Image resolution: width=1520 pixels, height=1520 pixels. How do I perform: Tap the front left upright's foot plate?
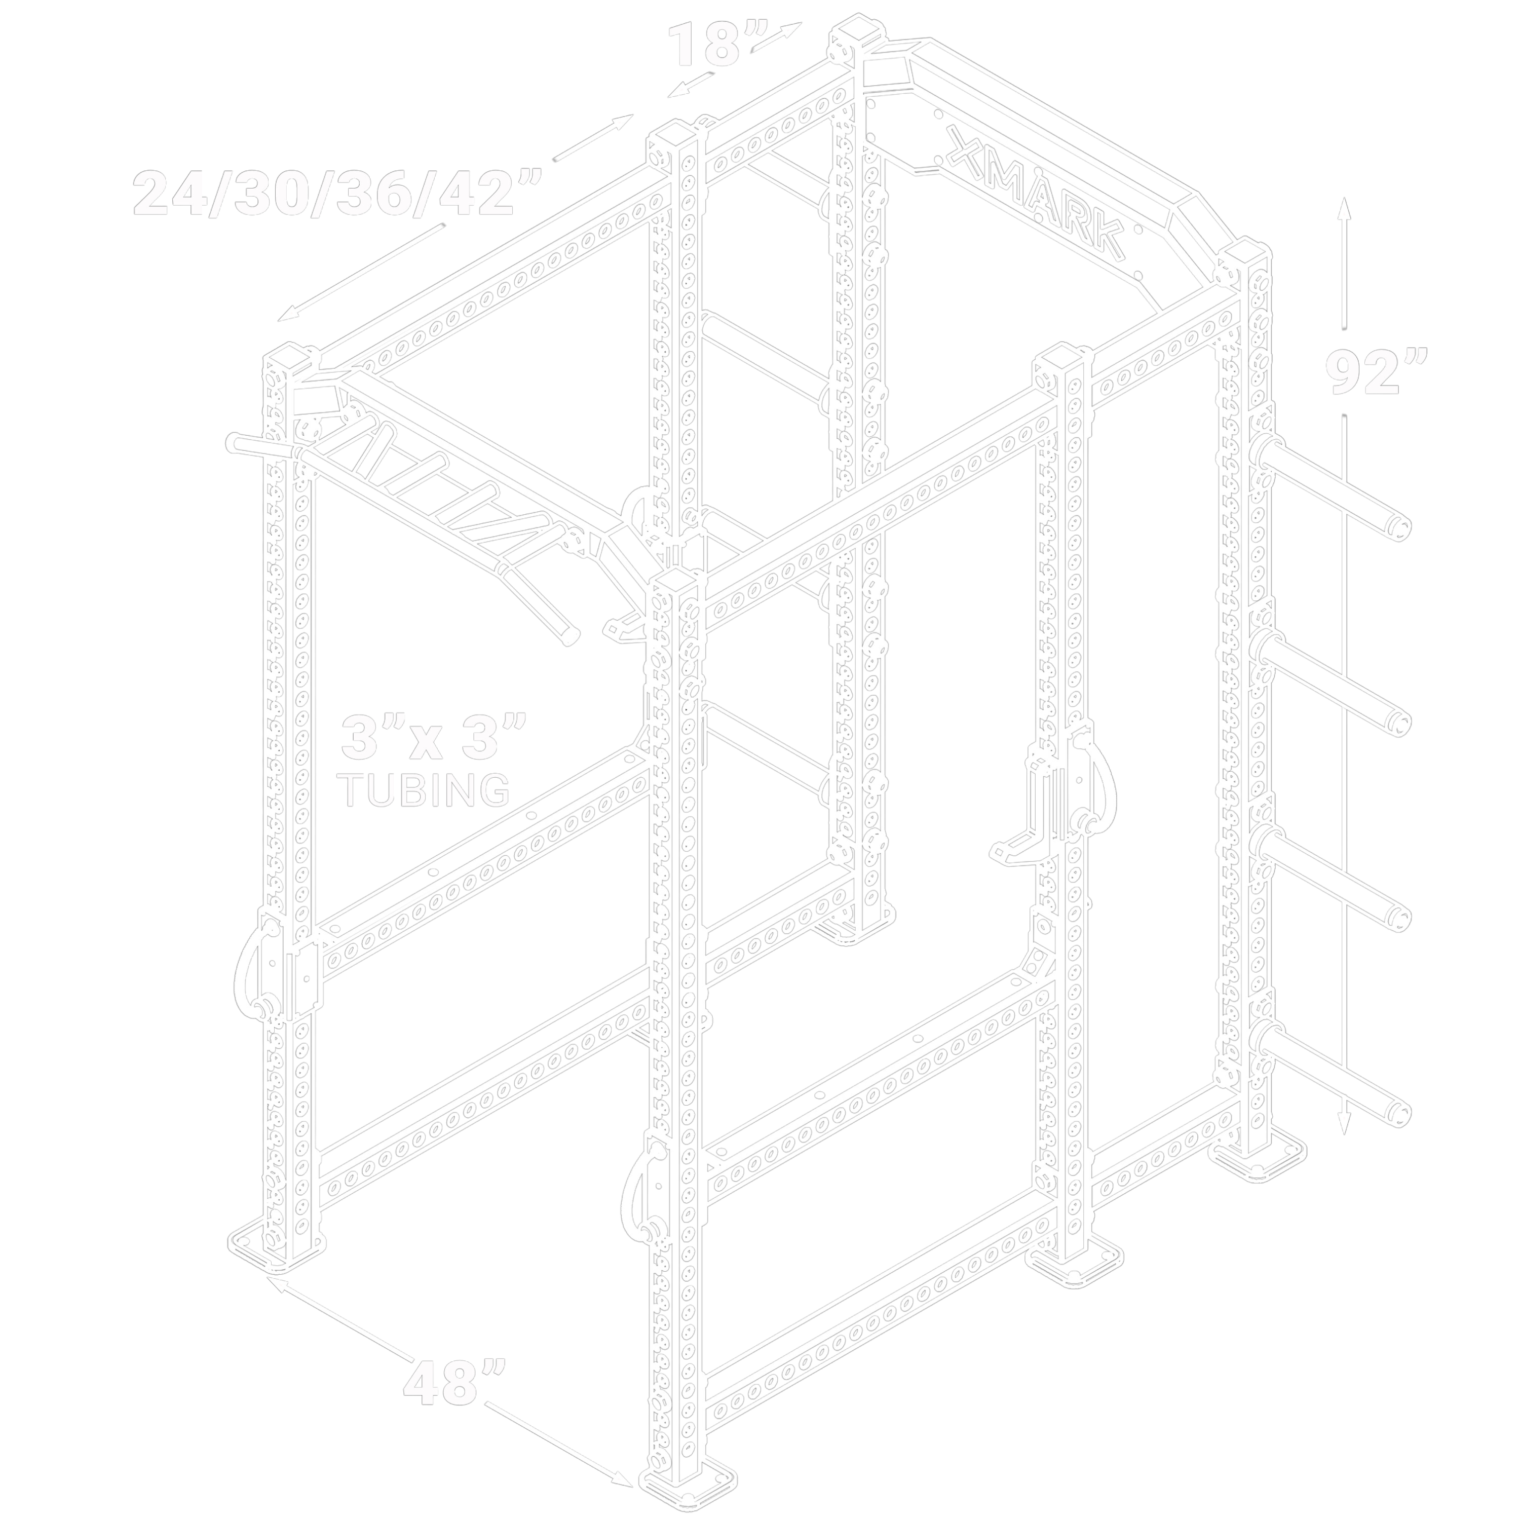click(x=277, y=1256)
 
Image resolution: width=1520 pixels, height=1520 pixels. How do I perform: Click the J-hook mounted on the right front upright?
click(x=1046, y=803)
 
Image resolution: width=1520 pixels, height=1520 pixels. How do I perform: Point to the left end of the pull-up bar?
click(x=234, y=443)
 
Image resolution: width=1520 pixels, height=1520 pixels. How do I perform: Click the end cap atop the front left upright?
click(x=287, y=358)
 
